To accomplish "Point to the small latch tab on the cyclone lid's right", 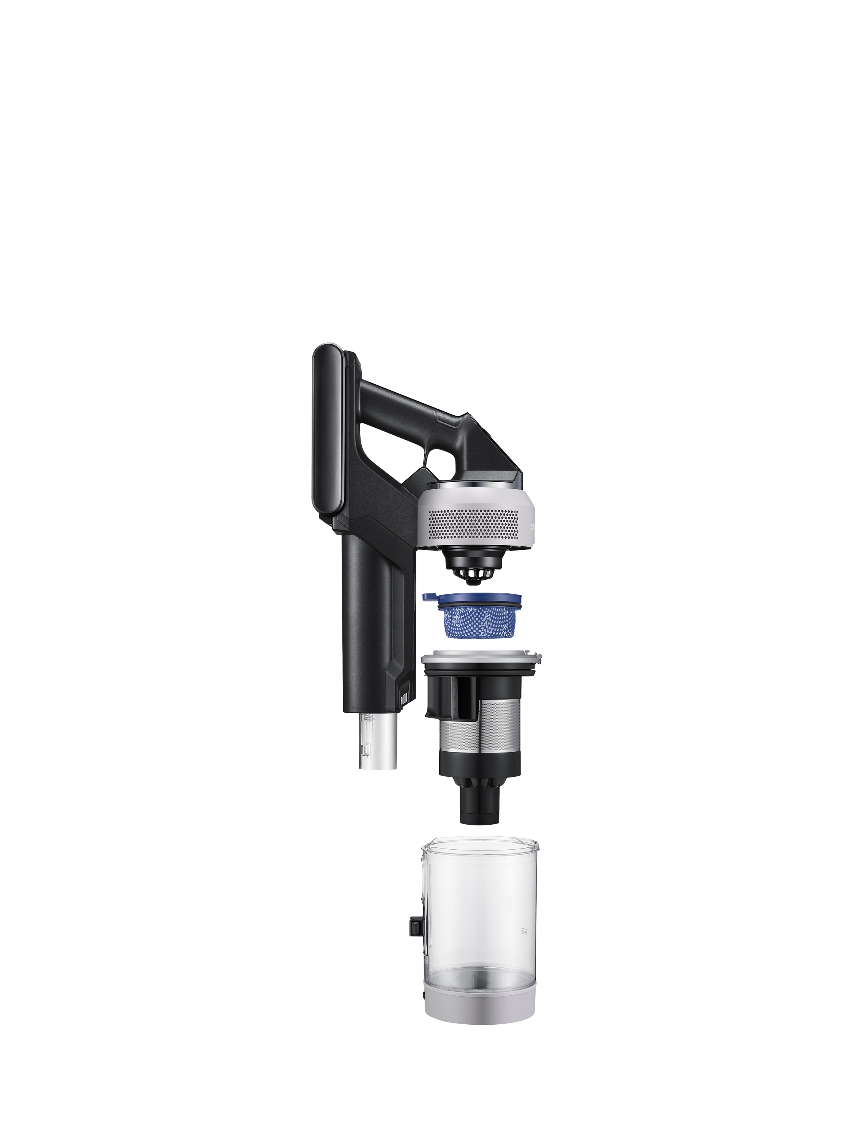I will click(539, 657).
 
